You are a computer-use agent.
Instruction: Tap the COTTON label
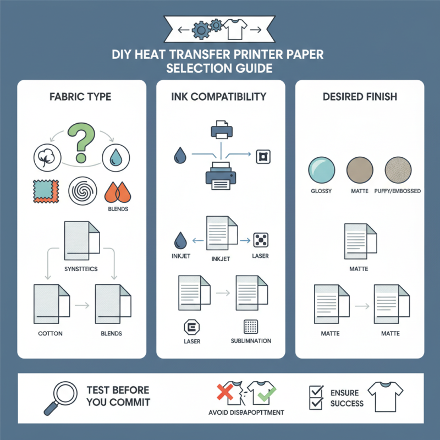[x=50, y=333]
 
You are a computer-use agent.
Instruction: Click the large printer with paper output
[x=221, y=176]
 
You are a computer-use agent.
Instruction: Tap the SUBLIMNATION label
[x=251, y=341]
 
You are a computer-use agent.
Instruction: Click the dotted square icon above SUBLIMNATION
[x=250, y=327]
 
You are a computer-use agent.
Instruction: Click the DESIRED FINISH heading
[x=360, y=97]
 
